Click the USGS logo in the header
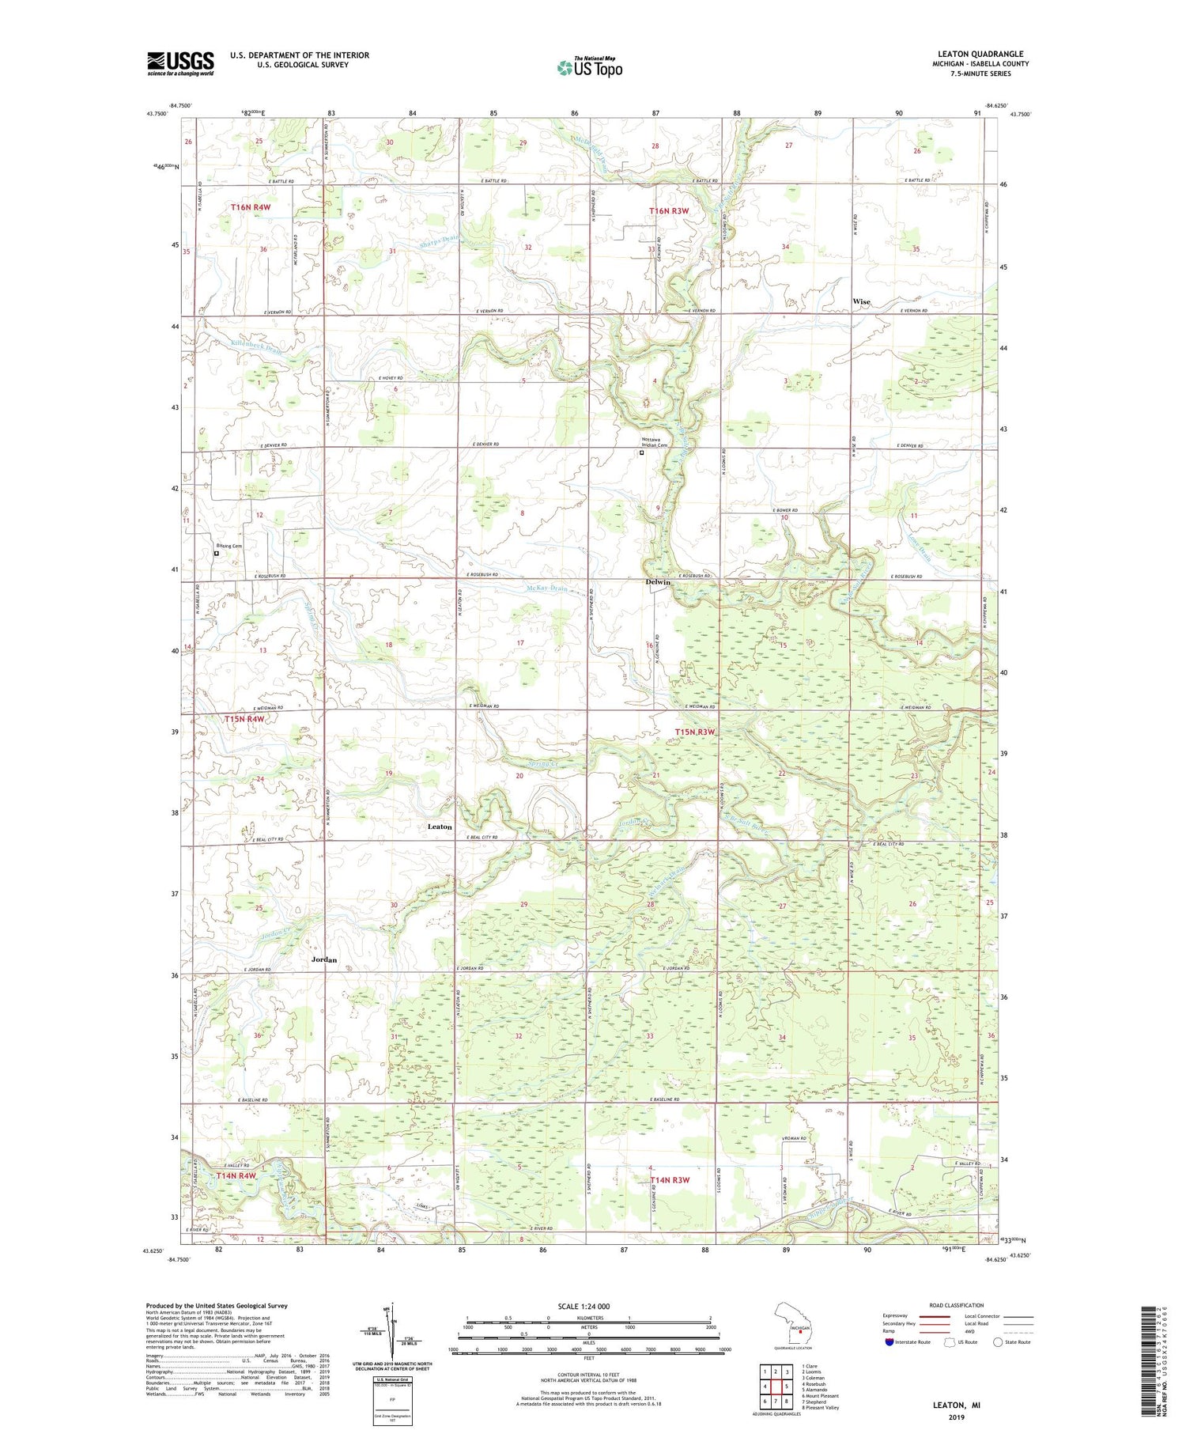click(180, 63)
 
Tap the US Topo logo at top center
click(589, 67)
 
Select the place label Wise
click(861, 301)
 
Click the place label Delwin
click(657, 582)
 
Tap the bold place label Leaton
click(440, 827)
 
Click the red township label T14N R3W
click(670, 1179)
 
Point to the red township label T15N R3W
click(695, 732)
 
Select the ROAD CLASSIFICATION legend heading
click(957, 1305)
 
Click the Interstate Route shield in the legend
click(889, 1342)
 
